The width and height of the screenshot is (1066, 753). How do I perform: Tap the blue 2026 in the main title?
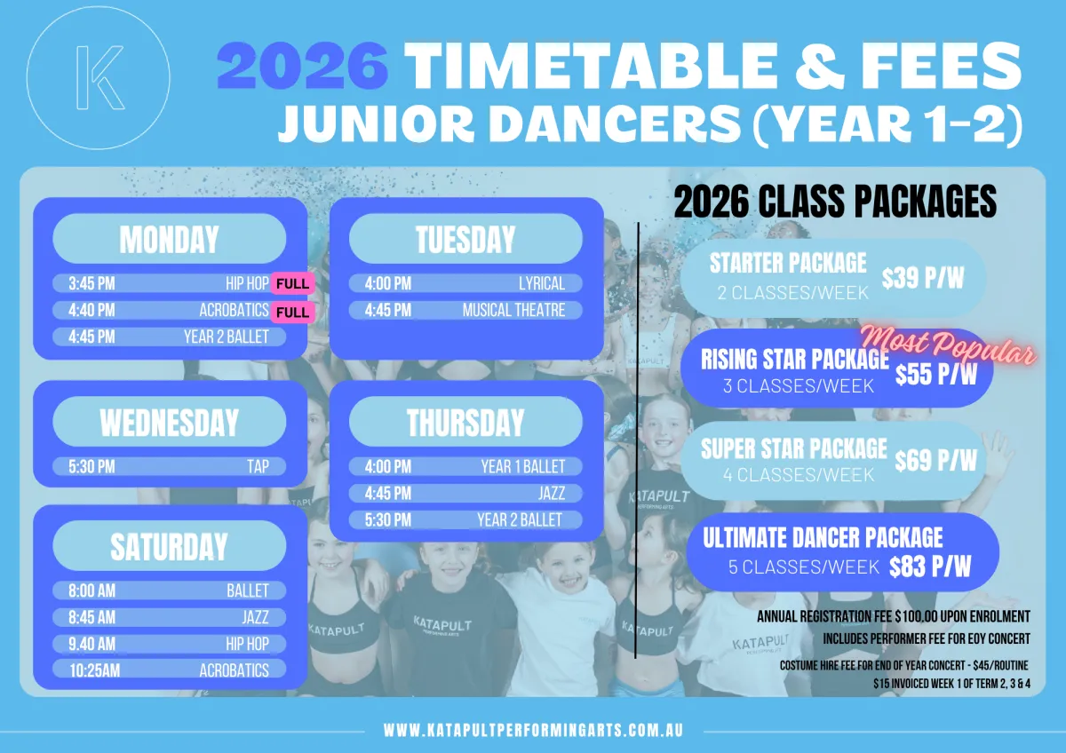(x=303, y=66)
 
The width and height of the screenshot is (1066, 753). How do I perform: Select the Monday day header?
(x=170, y=239)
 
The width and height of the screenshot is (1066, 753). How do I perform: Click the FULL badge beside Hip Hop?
(x=292, y=283)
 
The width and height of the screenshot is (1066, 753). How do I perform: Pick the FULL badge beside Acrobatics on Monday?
(x=292, y=312)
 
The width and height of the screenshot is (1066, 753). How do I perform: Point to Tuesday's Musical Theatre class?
(x=514, y=310)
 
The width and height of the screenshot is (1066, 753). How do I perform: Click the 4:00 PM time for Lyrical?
(x=388, y=283)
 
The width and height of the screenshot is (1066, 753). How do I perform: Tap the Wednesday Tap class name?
(x=258, y=467)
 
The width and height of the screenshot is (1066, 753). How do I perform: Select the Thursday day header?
(x=465, y=422)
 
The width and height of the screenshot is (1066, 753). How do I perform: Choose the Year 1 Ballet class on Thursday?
(x=523, y=467)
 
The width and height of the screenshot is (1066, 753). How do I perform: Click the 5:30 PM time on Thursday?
(x=388, y=520)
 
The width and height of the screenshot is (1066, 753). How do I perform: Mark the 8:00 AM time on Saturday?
(x=91, y=591)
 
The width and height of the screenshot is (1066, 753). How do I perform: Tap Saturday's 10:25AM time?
(x=95, y=670)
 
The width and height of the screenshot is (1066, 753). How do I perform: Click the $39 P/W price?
(x=923, y=278)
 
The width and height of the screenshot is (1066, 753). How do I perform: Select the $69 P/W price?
(x=935, y=460)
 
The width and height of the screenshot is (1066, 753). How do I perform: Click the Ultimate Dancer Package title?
(x=823, y=537)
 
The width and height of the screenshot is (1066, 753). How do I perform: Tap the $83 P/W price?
(x=930, y=567)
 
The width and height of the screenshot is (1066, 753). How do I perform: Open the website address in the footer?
(x=533, y=731)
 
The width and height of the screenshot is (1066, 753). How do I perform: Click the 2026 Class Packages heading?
(x=835, y=202)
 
